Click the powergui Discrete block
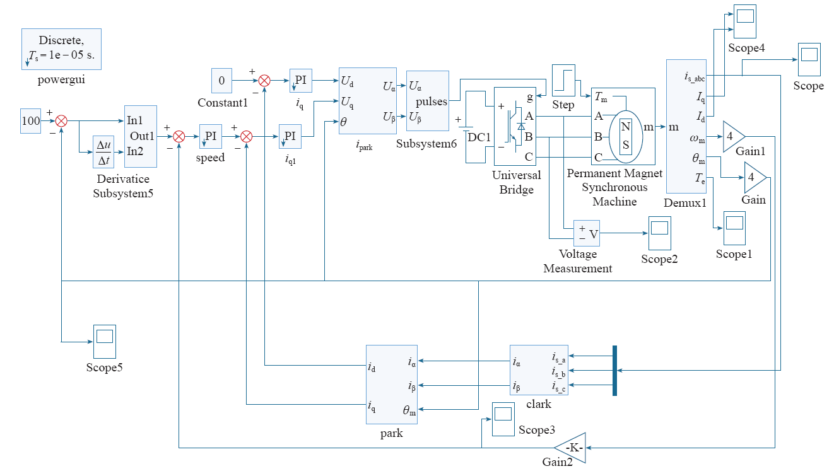tap(61, 49)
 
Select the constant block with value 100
tap(30, 121)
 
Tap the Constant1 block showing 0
tap(221, 81)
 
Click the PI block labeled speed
tap(210, 137)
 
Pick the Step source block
tap(563, 80)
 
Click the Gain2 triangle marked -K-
tap(570, 448)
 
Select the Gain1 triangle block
tap(734, 137)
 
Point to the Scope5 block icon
tap(105, 342)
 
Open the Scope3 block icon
tap(503, 419)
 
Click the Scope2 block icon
tap(660, 233)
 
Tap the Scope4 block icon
tap(745, 21)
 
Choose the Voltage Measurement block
tap(587, 233)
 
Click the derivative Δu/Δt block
tap(103, 152)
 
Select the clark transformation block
tap(539, 370)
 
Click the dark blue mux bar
tap(614, 371)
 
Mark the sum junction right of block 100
tap(61, 121)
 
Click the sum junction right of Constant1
tap(264, 81)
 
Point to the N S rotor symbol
tap(626, 137)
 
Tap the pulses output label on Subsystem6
tap(432, 102)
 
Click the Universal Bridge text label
tap(517, 182)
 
